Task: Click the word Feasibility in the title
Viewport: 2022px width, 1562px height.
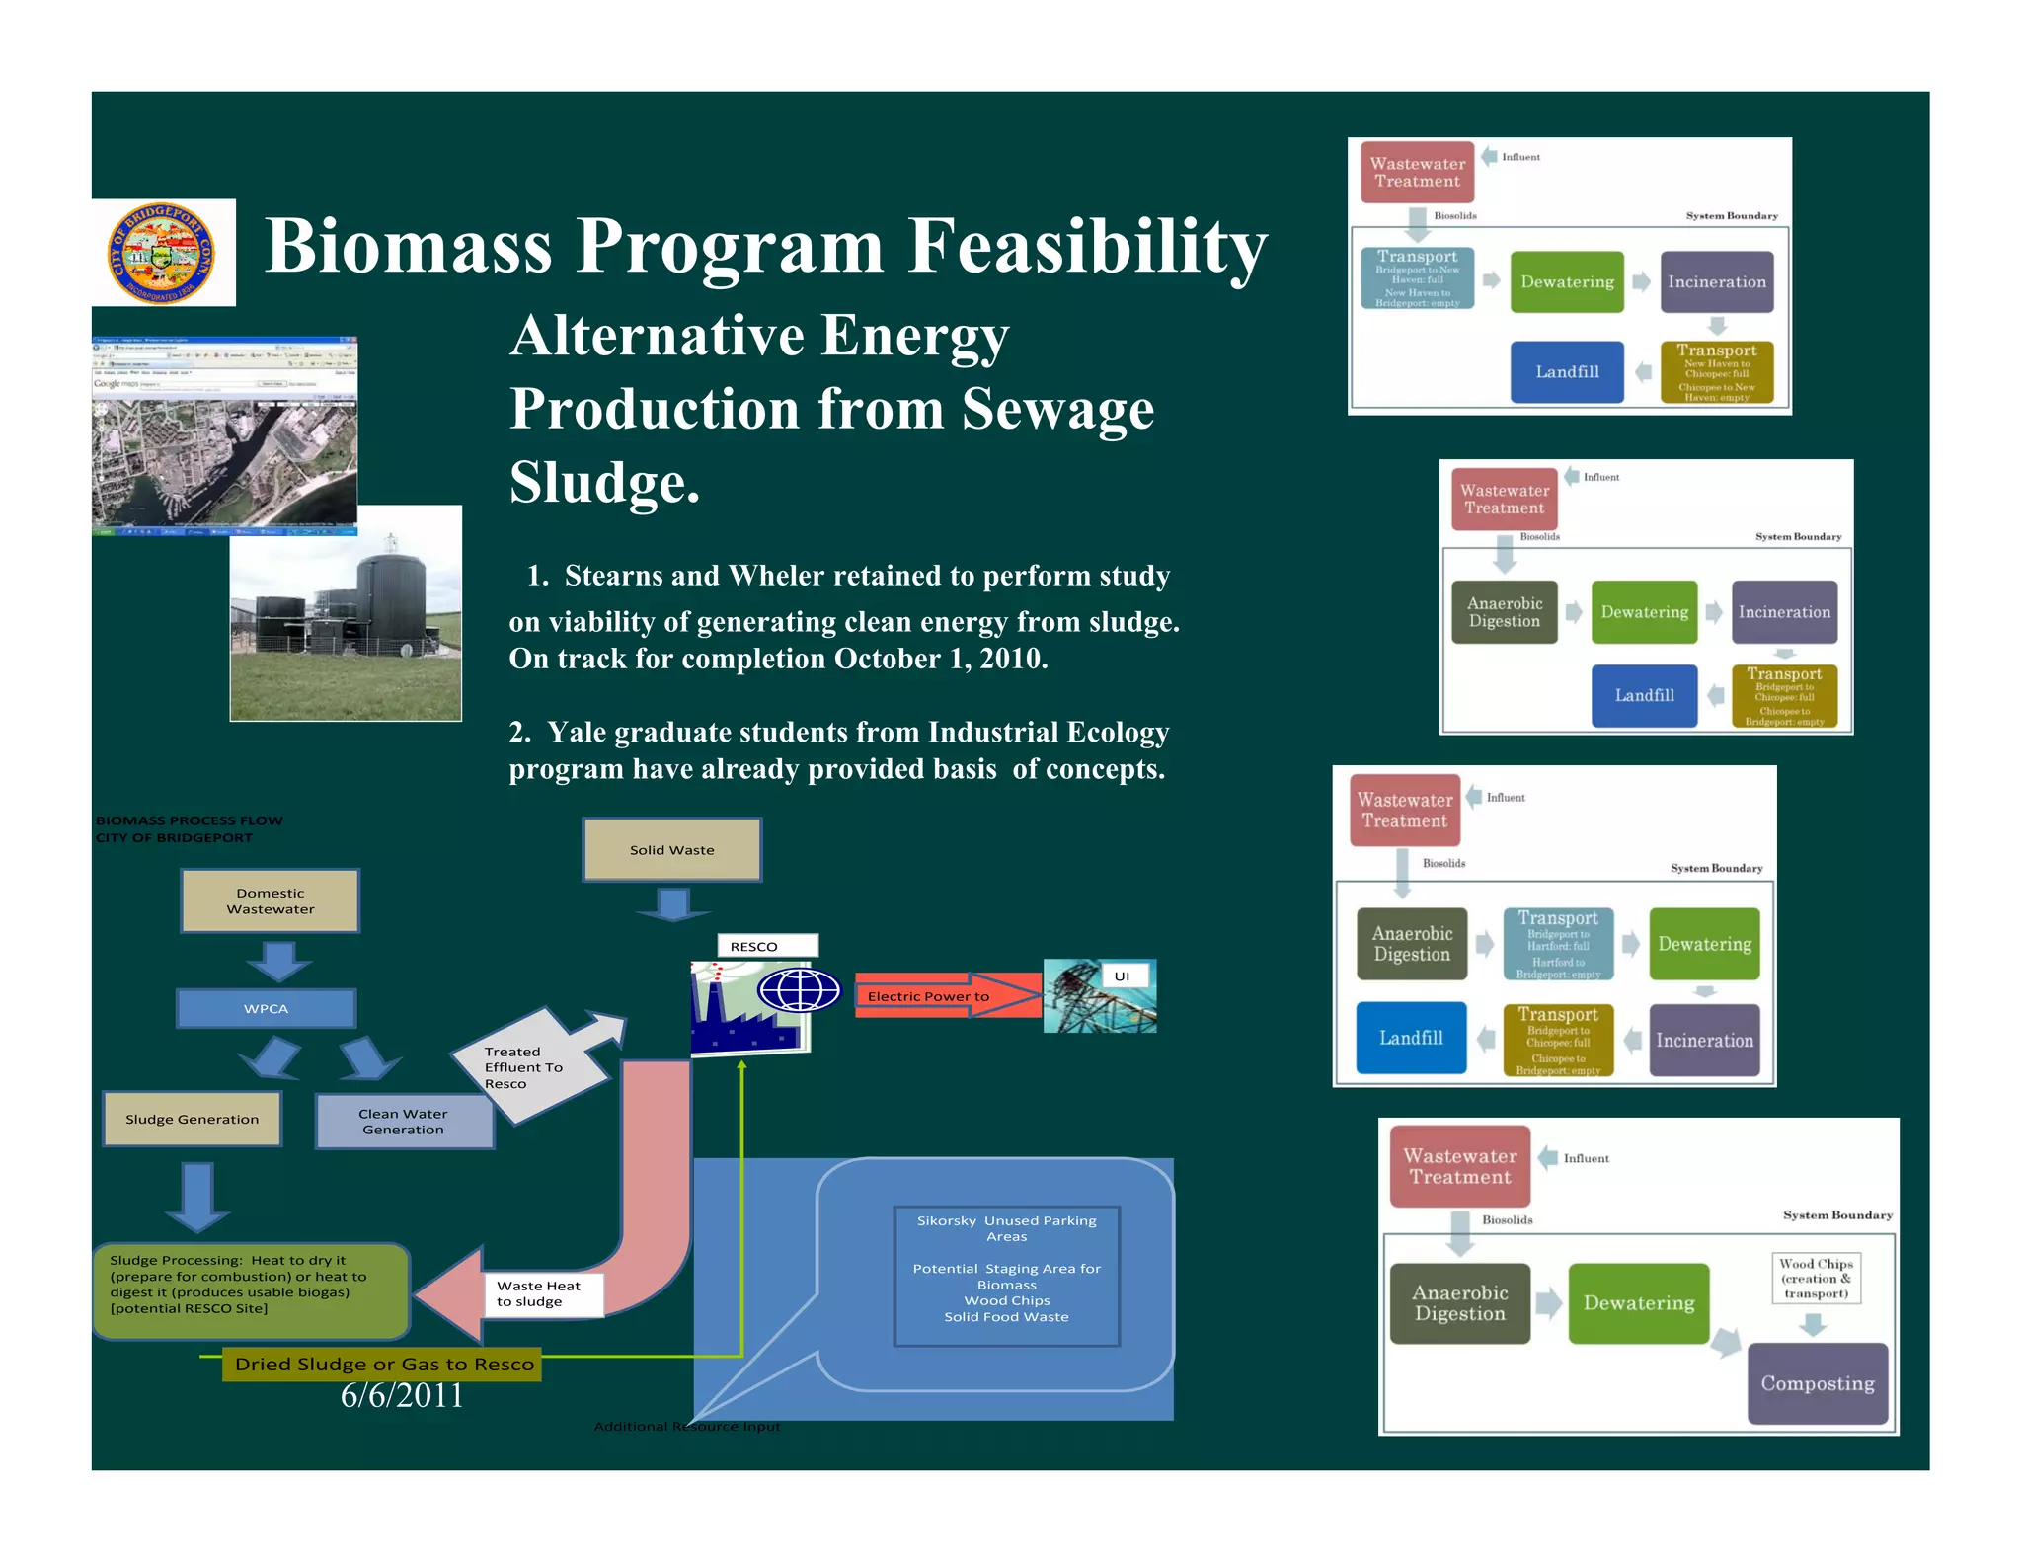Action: tap(1087, 247)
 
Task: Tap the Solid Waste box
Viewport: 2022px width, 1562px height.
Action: tap(671, 850)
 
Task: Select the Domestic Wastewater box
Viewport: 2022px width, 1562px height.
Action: tap(270, 900)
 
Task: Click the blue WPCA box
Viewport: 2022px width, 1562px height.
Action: tap(266, 1008)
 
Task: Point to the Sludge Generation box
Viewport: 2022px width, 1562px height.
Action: tap(192, 1119)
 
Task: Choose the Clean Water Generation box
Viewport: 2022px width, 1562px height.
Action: tap(403, 1122)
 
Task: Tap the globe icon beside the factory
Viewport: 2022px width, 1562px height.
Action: tap(798, 989)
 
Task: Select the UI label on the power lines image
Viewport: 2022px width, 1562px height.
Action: tap(1123, 976)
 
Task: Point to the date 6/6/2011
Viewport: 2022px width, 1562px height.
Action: tap(401, 1395)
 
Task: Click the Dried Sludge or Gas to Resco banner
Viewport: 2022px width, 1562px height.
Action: tap(383, 1364)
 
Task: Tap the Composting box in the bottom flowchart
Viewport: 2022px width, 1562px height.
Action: tap(1817, 1383)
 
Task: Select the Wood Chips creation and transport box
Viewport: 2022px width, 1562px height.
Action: tap(1816, 1279)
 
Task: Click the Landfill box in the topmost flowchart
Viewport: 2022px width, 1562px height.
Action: tap(1567, 371)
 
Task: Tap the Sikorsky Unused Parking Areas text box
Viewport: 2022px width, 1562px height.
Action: tap(1006, 1274)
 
